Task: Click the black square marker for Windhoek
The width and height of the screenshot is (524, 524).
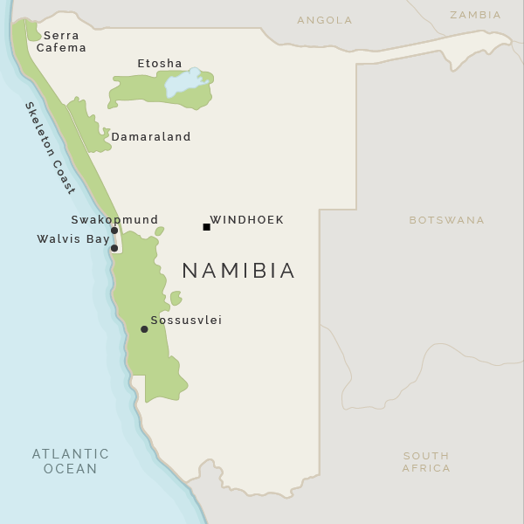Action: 207,227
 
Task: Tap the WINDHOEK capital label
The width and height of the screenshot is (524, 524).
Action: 247,220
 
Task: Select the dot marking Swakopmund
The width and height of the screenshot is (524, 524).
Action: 114,231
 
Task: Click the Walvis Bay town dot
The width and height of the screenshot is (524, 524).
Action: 114,248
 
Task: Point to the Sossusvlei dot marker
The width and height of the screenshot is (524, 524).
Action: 144,329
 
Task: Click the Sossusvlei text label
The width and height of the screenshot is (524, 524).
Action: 186,321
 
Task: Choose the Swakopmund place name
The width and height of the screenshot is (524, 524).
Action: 114,220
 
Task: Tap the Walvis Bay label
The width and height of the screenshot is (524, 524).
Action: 73,238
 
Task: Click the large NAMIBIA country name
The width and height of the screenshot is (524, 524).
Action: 238,271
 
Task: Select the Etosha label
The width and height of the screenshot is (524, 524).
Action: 160,64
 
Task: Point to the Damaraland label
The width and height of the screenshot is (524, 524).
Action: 151,137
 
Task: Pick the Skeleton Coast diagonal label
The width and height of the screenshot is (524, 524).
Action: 50,148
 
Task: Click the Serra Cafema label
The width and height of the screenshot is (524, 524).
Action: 61,42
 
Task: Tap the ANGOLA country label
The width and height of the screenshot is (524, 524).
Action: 325,20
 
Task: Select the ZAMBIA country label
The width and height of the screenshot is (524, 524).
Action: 475,15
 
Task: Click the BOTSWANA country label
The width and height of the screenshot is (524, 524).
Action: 446,220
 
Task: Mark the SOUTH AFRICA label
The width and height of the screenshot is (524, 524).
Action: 426,462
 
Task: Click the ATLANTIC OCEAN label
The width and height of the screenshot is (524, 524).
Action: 71,461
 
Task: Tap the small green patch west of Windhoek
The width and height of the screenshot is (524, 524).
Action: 159,231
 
